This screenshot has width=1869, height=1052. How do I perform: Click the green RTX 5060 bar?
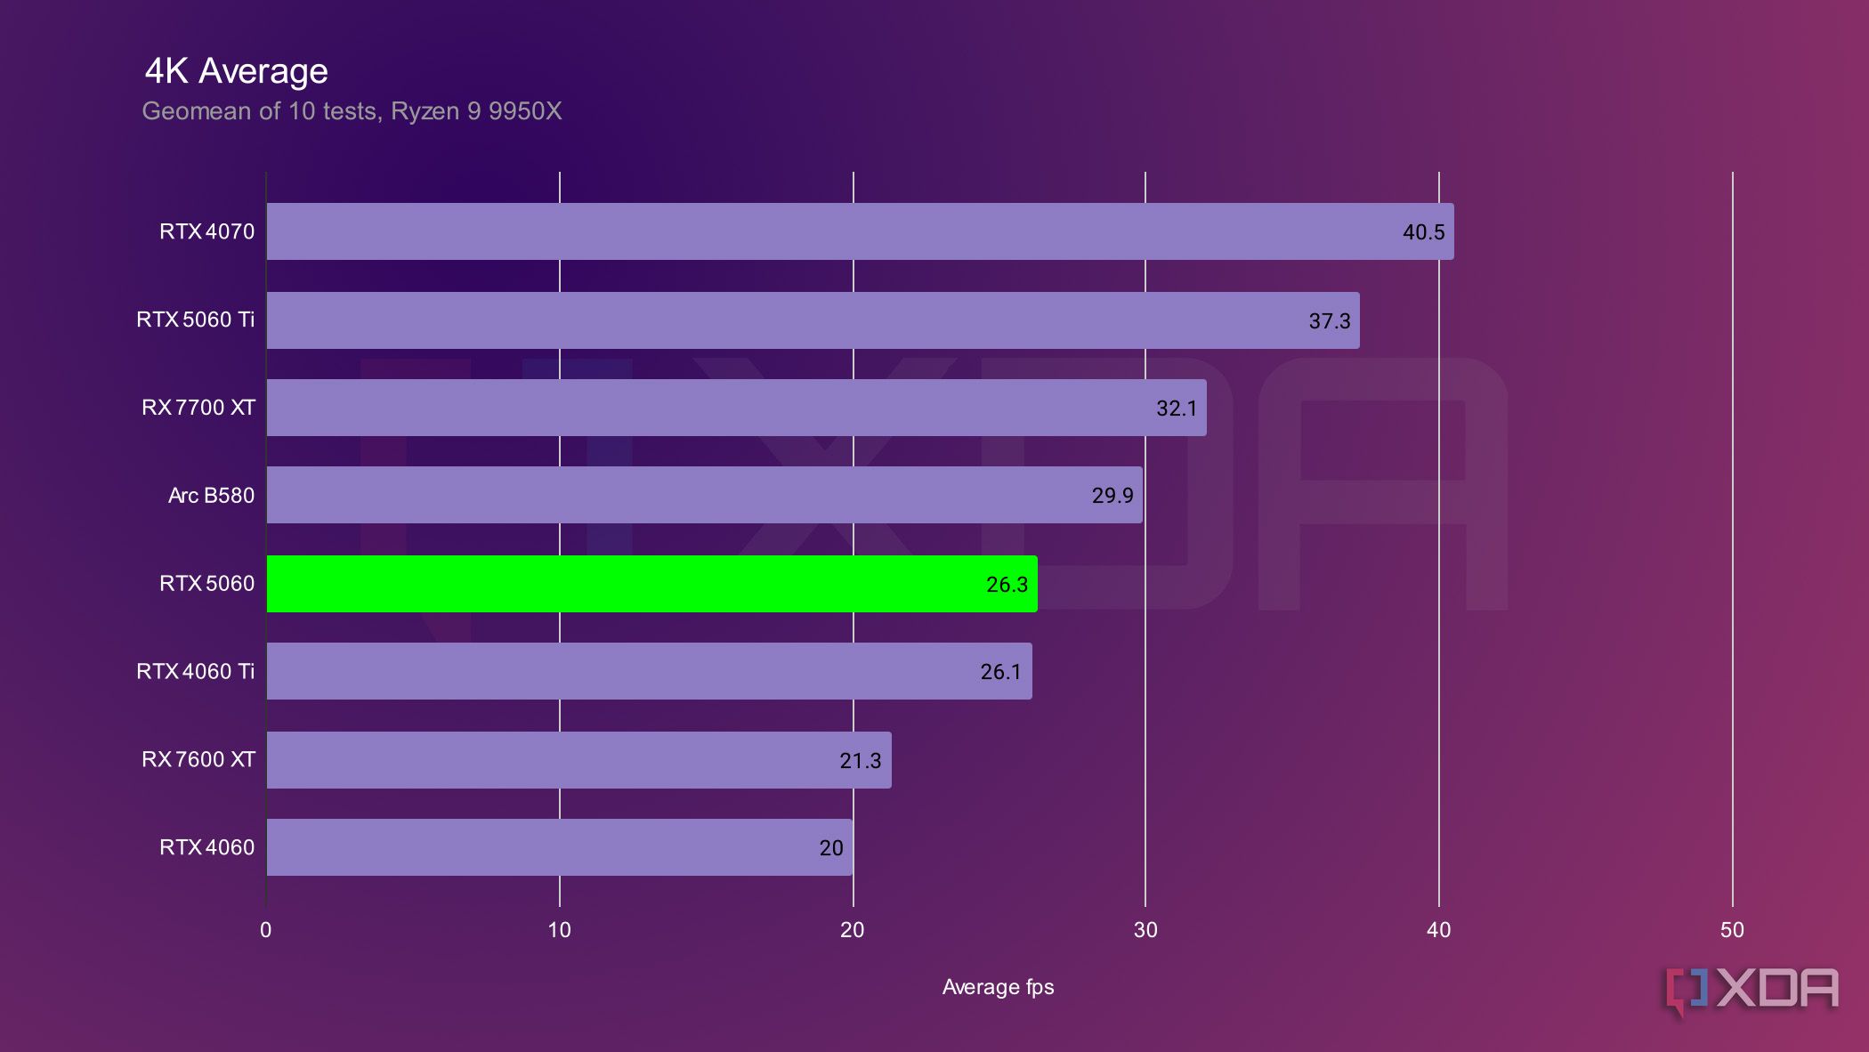[x=651, y=584]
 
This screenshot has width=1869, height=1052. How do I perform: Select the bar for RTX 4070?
[x=860, y=231]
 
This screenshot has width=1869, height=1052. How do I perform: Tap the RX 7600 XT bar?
[x=578, y=760]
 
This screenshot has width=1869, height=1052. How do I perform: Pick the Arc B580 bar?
[x=704, y=495]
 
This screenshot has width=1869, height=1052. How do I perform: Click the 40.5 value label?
[x=1423, y=232]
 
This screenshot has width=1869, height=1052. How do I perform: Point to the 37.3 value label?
[x=1329, y=321]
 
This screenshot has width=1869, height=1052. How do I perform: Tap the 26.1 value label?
[x=1000, y=672]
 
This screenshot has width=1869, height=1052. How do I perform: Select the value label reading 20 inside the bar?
[x=830, y=848]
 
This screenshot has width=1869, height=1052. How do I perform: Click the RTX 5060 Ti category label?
[x=195, y=320]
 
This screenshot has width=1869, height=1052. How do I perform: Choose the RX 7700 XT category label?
[x=198, y=408]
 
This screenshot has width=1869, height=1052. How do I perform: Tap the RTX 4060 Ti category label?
[x=195, y=671]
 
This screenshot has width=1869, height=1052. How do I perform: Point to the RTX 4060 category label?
[x=206, y=847]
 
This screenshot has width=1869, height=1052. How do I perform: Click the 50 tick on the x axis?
[x=1732, y=930]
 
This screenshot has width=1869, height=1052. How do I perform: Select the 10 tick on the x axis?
[x=559, y=930]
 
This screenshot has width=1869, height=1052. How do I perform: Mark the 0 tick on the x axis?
[x=266, y=930]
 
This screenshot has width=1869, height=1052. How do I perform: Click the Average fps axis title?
[x=998, y=987]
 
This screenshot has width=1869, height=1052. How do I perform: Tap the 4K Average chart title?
[x=236, y=71]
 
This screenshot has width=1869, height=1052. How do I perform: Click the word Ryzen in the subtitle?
[x=425, y=111]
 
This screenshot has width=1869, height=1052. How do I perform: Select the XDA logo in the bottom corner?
[x=1752, y=990]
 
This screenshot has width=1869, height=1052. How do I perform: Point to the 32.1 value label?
[x=1176, y=409]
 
